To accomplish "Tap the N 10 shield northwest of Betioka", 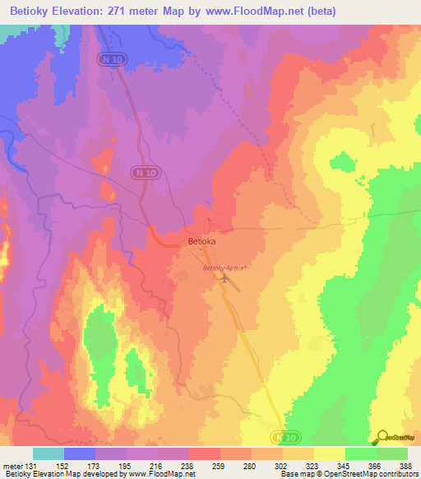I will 142,171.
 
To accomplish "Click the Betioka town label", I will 201,242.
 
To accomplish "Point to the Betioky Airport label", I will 225,268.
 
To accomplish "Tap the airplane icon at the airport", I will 224,280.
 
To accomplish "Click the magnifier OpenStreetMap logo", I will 382,436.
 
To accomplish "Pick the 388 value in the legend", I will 406,466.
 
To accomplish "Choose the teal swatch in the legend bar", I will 49,453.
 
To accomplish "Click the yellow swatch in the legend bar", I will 330,453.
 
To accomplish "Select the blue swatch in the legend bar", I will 80,453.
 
